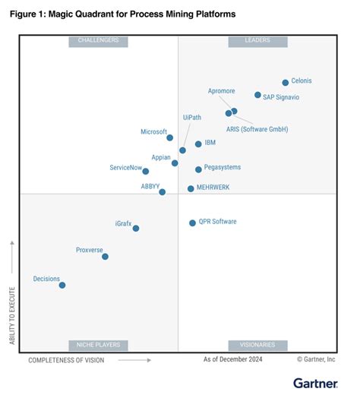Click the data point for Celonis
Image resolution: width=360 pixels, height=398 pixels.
pyautogui.click(x=286, y=83)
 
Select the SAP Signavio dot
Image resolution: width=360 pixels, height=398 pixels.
pyautogui.click(x=257, y=96)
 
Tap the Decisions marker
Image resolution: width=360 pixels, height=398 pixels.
pyautogui.click(x=62, y=286)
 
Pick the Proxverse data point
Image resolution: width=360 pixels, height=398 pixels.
pyautogui.click(x=105, y=257)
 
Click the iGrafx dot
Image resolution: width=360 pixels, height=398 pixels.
pyautogui.click(x=136, y=228)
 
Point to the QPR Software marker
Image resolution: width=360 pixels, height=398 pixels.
pyautogui.click(x=192, y=223)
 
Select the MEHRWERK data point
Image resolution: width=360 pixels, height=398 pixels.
pyautogui.click(x=191, y=188)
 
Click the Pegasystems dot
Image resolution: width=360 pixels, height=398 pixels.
pyautogui.click(x=198, y=169)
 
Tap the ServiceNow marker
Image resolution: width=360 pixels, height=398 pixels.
pyautogui.click(x=146, y=172)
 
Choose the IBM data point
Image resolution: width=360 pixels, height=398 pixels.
pyautogui.click(x=198, y=144)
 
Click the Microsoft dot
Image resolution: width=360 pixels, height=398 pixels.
pyautogui.click(x=169, y=138)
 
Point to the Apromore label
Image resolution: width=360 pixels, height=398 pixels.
pyautogui.click(x=221, y=91)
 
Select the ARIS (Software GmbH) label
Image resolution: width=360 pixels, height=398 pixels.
pyautogui.click(x=257, y=129)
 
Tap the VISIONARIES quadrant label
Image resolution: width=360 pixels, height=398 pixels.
pyautogui.click(x=257, y=345)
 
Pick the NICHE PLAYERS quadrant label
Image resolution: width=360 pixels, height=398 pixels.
pyautogui.click(x=98, y=345)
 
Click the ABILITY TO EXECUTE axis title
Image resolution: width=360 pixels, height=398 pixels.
pyautogui.click(x=12, y=314)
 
